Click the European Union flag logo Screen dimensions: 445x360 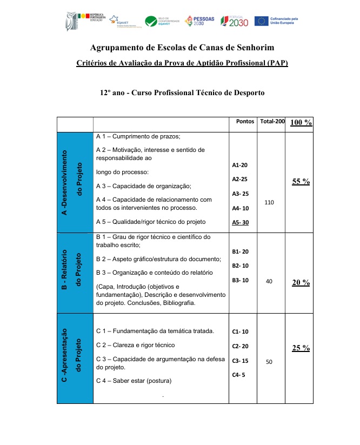262,21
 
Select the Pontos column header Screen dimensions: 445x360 245,122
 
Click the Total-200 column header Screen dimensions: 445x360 272,122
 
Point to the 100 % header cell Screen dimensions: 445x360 301,122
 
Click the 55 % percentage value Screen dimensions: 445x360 301,182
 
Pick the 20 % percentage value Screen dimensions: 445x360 301,282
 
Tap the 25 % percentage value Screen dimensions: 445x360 301,348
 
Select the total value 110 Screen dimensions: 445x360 270,202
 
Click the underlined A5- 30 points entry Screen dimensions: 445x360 241,222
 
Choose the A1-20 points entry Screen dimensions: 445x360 240,164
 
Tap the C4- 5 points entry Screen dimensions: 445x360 239,375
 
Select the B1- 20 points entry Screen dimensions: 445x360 241,251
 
